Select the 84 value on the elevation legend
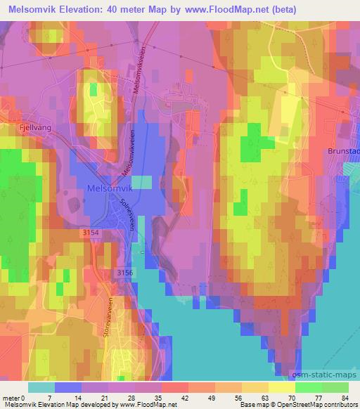click(x=344, y=398)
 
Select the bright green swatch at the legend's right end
click(x=335, y=387)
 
